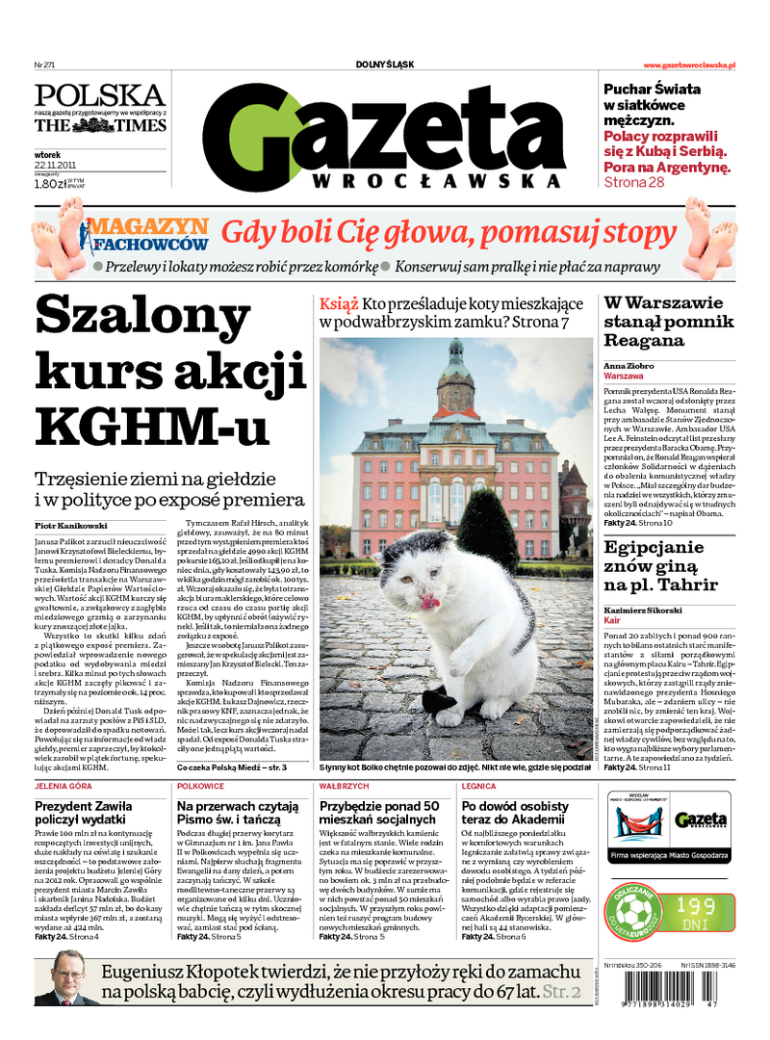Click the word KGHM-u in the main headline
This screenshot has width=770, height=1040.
(153, 420)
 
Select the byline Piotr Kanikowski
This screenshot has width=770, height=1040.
(71, 526)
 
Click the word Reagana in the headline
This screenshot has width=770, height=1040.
(645, 340)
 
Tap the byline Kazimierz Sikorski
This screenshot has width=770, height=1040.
(643, 611)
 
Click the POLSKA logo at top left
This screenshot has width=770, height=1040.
(100, 96)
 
